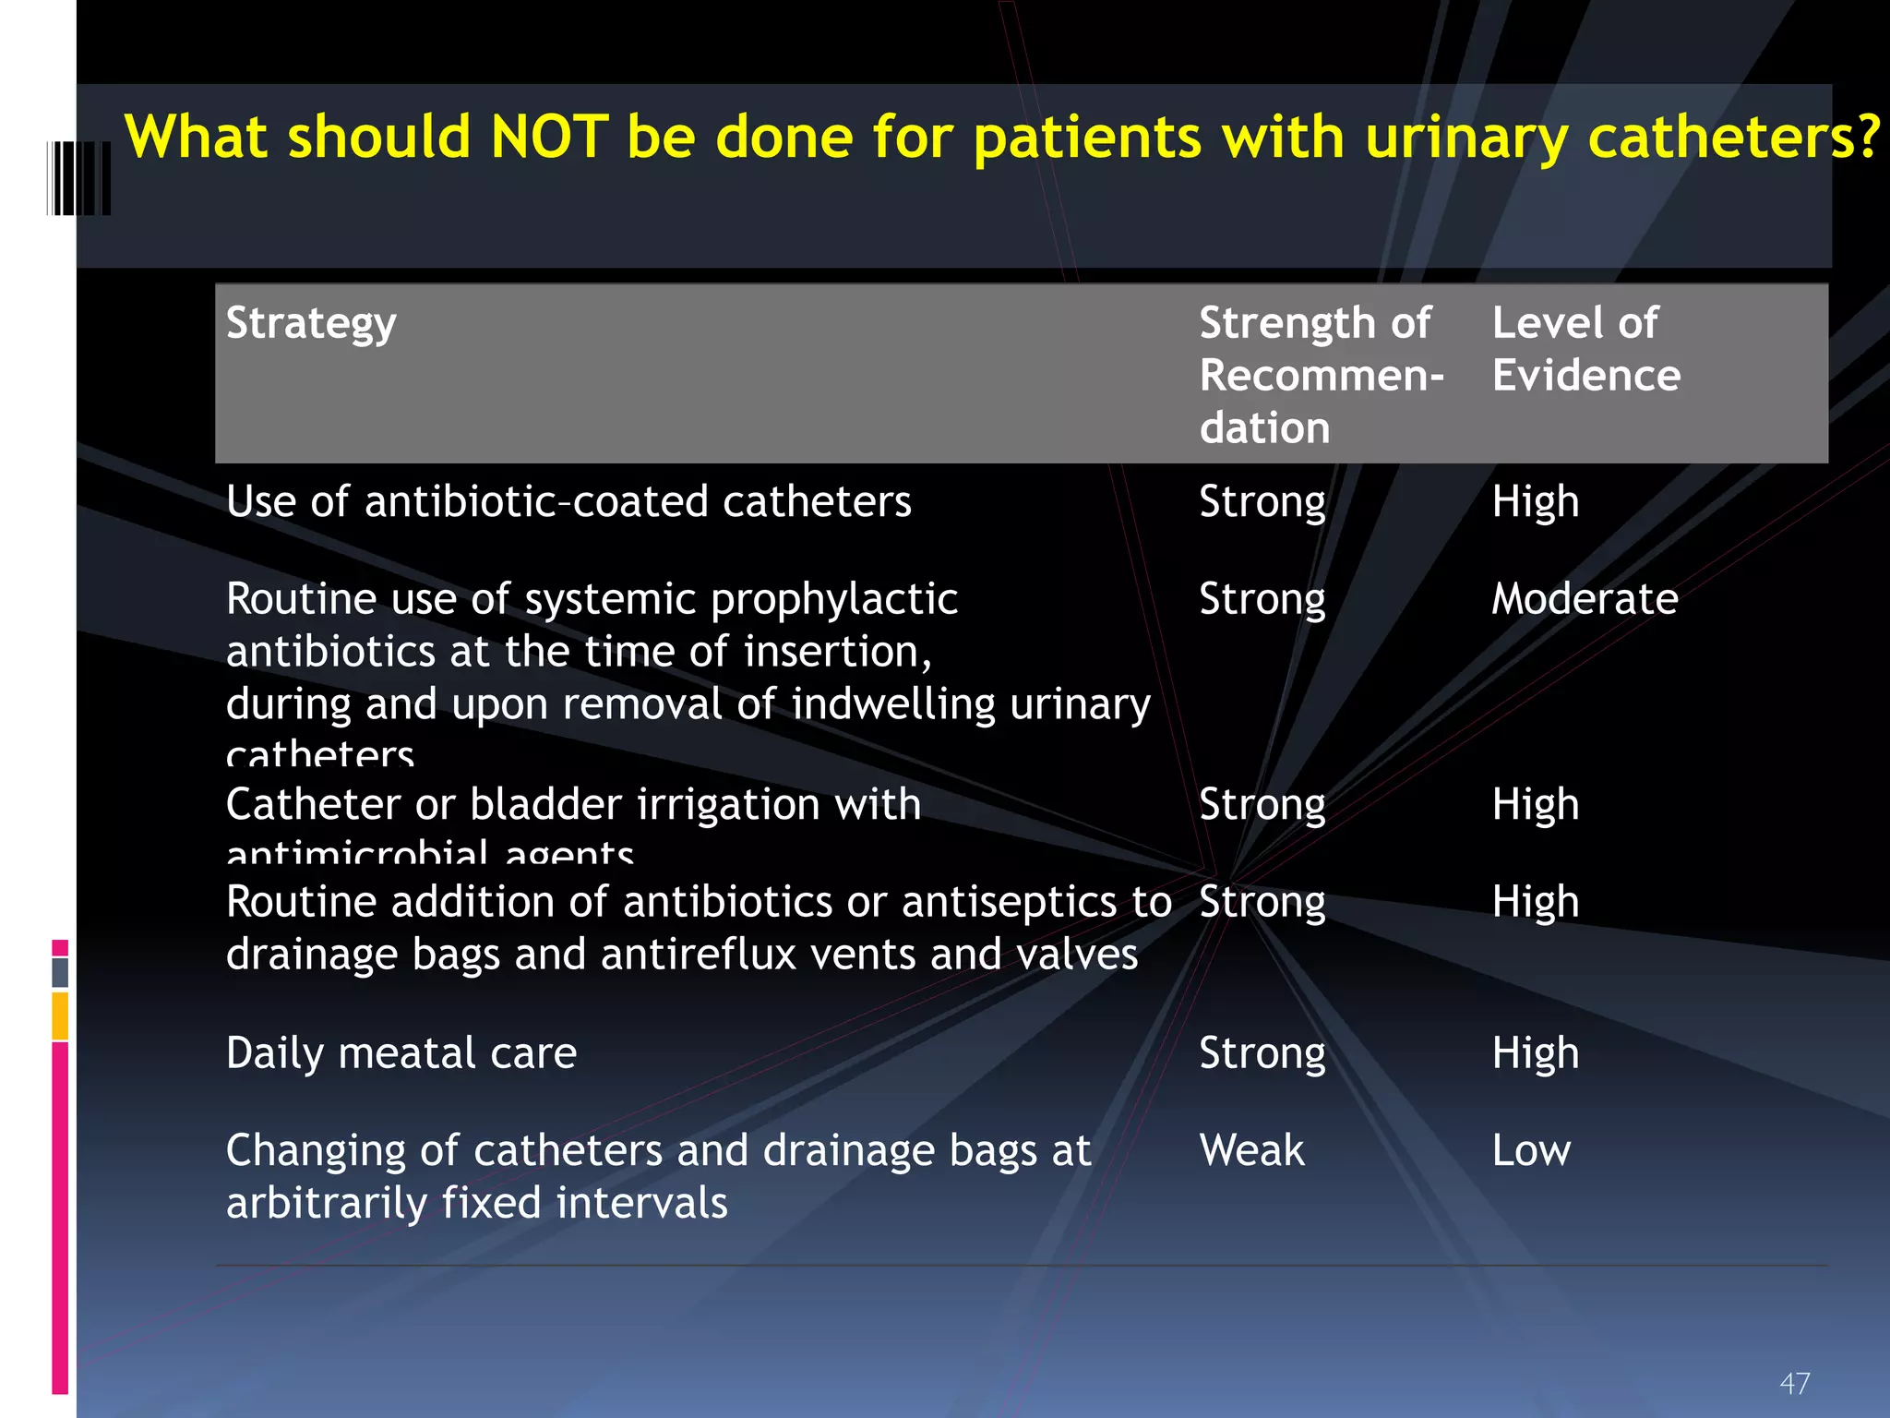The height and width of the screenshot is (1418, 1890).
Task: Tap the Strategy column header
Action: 311,324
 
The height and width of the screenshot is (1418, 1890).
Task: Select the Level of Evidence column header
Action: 1585,349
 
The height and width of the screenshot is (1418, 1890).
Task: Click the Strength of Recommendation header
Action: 1321,375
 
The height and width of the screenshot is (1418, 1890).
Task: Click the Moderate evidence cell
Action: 1585,599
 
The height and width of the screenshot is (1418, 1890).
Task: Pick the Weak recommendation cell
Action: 1251,1150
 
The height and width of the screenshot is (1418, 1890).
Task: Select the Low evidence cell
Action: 1531,1150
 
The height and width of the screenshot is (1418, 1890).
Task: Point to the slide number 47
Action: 1794,1383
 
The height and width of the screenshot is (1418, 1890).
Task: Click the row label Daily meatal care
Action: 401,1053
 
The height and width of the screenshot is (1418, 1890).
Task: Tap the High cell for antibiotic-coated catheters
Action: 1536,502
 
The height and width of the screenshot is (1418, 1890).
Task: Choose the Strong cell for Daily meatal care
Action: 1262,1053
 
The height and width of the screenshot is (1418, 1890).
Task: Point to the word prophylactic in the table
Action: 834,600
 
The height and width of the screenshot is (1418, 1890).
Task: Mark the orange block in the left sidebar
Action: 60,1015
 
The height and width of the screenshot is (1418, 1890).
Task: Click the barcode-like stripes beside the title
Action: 79,178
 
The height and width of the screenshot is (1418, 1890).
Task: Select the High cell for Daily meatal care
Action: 1536,1053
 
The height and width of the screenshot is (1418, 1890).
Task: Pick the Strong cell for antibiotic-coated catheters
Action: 1262,502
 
